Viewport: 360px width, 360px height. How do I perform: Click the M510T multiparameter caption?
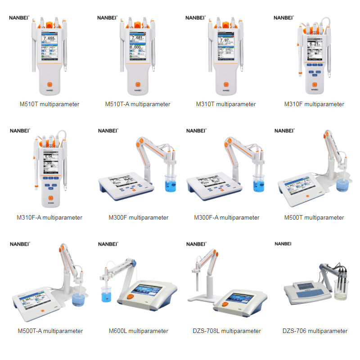[49, 104]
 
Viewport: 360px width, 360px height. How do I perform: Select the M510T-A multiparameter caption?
[138, 104]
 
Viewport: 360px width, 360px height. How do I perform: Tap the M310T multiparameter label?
[226, 104]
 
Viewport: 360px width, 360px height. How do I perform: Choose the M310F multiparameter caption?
[314, 104]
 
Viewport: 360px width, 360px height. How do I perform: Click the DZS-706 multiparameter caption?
[315, 331]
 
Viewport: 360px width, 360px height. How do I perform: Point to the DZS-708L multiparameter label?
[227, 331]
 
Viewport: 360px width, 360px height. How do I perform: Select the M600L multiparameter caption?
[139, 331]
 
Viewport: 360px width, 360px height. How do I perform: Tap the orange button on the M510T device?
[50, 84]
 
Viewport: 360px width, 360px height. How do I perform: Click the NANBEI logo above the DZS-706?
[283, 243]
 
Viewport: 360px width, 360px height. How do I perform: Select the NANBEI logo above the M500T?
[283, 130]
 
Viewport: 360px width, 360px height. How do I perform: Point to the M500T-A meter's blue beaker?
[79, 298]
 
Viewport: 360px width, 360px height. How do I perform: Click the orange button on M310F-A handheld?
[50, 198]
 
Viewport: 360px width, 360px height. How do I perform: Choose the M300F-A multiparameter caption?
[227, 217]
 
